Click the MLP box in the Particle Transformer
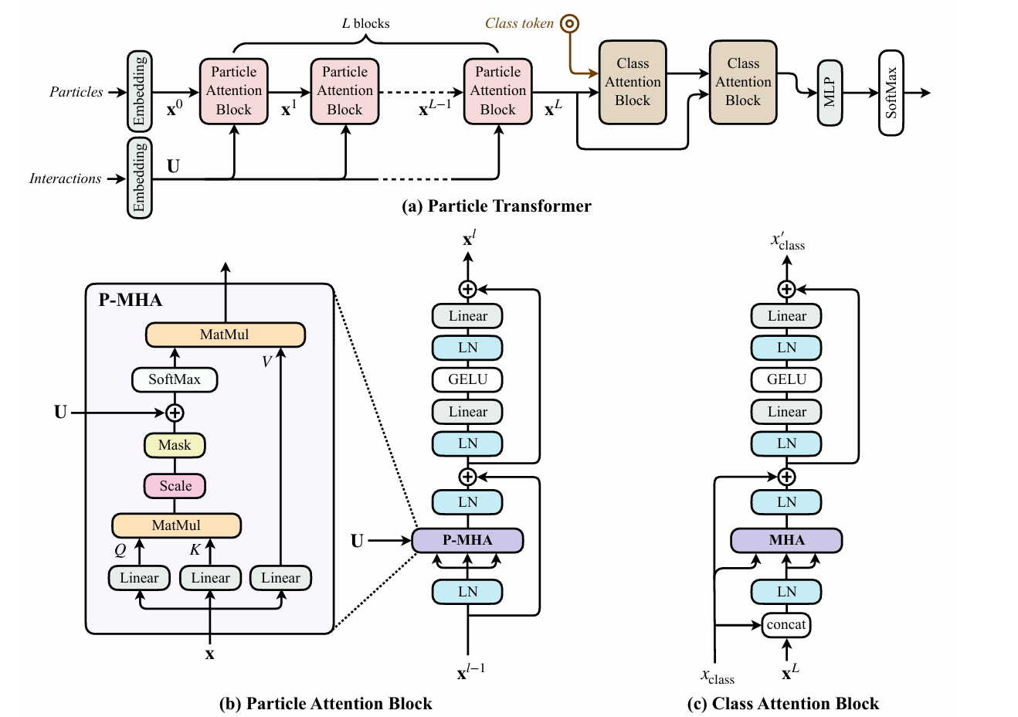pos(830,93)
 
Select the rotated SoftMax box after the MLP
pos(891,93)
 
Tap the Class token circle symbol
pos(570,23)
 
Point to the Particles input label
pos(76,92)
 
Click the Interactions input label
pos(66,178)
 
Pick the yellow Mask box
pos(175,445)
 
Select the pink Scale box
pos(175,486)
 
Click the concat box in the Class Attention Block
pos(786,624)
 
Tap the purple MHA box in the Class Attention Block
pos(786,540)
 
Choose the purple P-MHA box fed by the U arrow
pos(467,540)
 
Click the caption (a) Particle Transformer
pos(497,206)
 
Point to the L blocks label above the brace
pos(365,23)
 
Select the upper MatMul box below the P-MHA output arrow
pos(225,335)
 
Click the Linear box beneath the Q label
pos(139,578)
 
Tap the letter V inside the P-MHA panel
pos(266,362)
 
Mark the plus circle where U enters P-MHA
pos(175,413)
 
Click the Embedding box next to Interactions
pos(139,178)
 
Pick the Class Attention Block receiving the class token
pos(633,82)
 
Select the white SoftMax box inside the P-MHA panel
pos(175,379)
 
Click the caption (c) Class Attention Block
pos(783,704)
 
